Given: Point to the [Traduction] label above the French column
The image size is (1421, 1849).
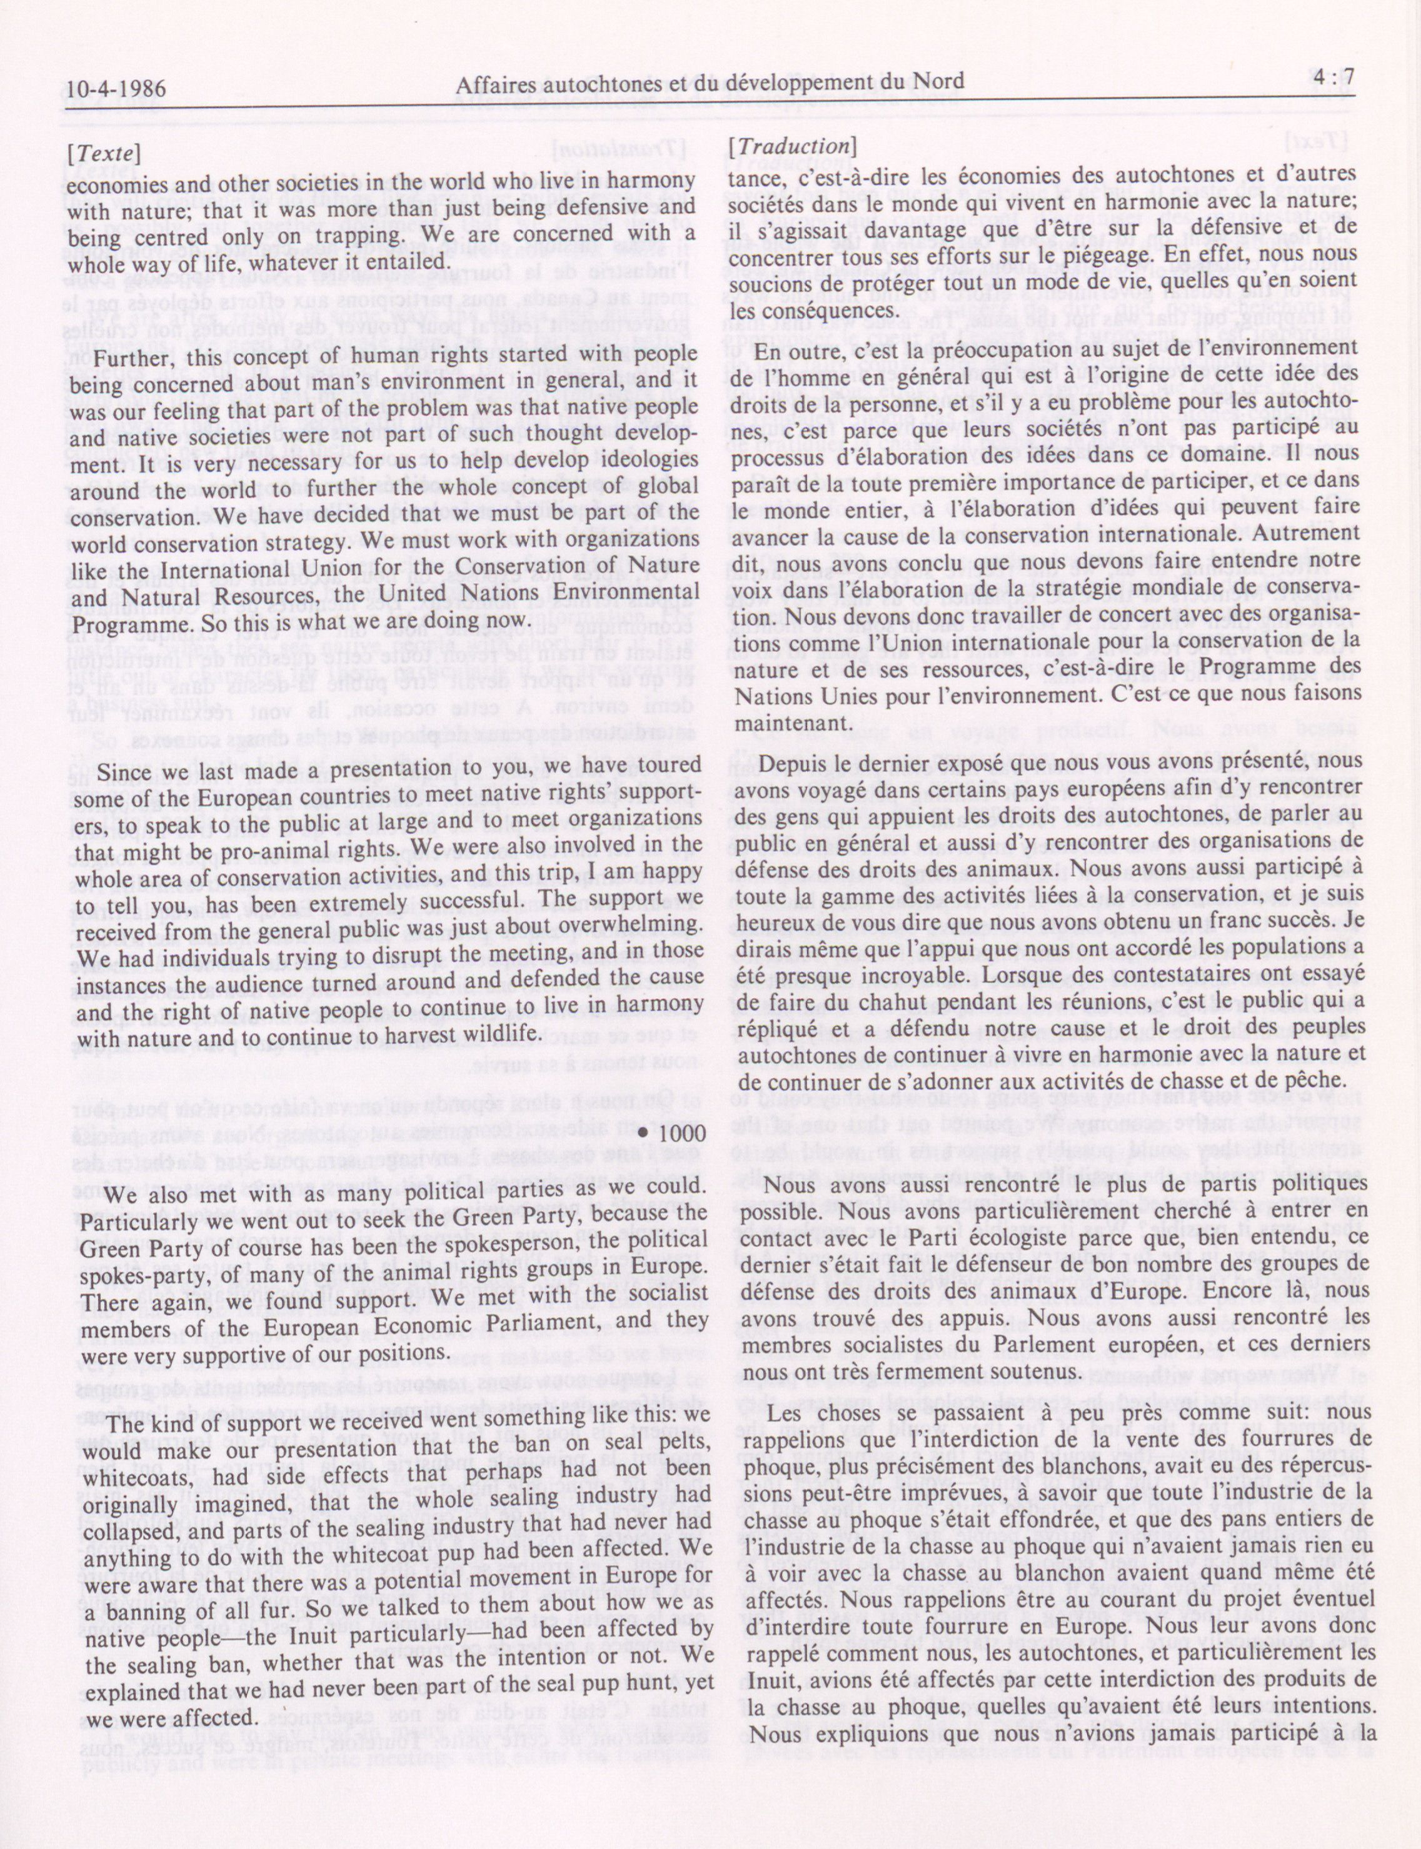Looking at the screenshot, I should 791,147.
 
